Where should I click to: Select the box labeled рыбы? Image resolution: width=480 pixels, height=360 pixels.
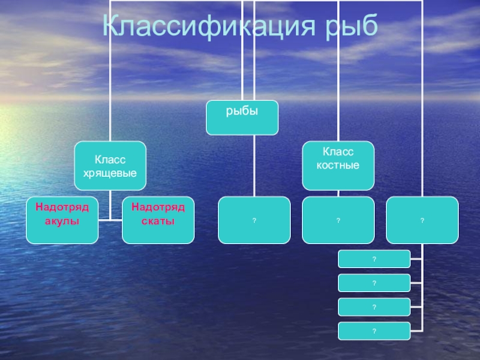coord(242,118)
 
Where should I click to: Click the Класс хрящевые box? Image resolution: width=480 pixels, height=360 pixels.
coord(110,165)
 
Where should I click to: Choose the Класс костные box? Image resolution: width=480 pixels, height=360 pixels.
coord(338,165)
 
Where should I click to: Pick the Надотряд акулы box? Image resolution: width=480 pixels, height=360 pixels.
coord(62,220)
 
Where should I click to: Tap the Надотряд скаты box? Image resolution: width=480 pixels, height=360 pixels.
coord(158,220)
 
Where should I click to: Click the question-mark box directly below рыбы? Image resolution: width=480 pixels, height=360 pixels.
coord(254,220)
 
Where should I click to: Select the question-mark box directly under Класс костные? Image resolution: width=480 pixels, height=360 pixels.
coord(338,220)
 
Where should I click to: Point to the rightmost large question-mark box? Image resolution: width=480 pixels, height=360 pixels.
coord(422,220)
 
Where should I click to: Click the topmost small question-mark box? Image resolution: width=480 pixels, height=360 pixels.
coord(374,259)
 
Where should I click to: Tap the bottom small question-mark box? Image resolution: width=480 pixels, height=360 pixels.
coord(374,331)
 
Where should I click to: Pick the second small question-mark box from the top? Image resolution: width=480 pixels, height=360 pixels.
coord(374,283)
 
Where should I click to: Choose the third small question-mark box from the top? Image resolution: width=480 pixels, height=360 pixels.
coord(374,307)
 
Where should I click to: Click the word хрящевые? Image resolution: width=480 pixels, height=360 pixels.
coord(110,173)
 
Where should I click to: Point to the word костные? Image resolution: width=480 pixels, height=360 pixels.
coord(338,164)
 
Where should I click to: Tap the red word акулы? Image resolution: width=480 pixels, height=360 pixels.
coord(62,221)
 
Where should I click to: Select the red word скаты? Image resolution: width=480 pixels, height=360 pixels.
coord(158,221)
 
